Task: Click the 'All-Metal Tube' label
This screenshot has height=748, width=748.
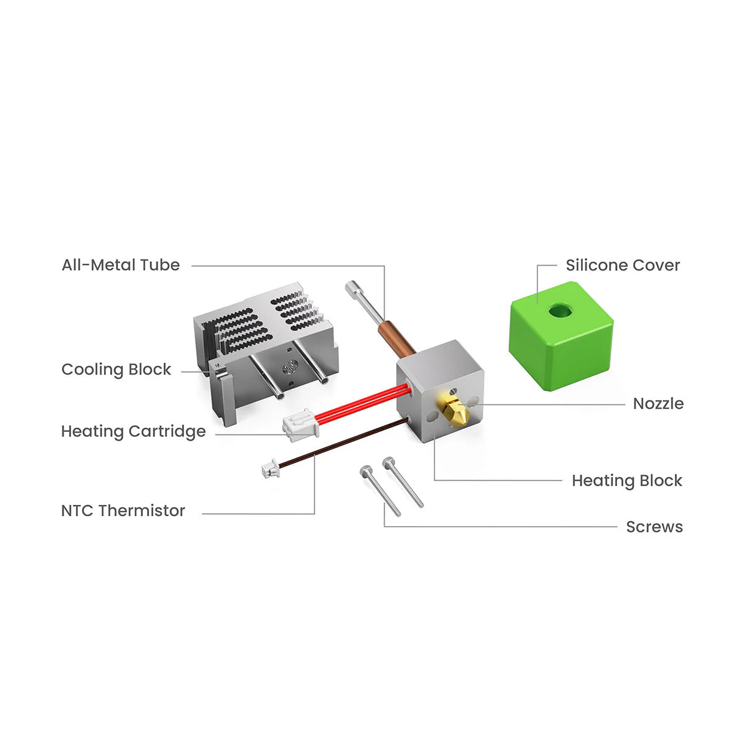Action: tap(120, 265)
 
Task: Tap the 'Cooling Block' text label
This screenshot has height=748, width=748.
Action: tap(116, 370)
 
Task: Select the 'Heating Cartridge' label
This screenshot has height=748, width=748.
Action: tap(133, 431)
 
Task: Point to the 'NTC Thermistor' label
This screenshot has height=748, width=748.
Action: tap(123, 511)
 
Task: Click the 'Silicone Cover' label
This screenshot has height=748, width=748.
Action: tap(622, 265)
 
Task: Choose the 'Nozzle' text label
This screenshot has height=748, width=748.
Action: tap(658, 403)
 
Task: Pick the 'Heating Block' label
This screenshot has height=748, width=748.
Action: tap(626, 481)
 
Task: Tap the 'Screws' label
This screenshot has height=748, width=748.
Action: tap(654, 527)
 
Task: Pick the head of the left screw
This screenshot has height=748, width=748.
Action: tap(366, 471)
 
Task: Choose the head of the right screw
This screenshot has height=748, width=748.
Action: tap(389, 462)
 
